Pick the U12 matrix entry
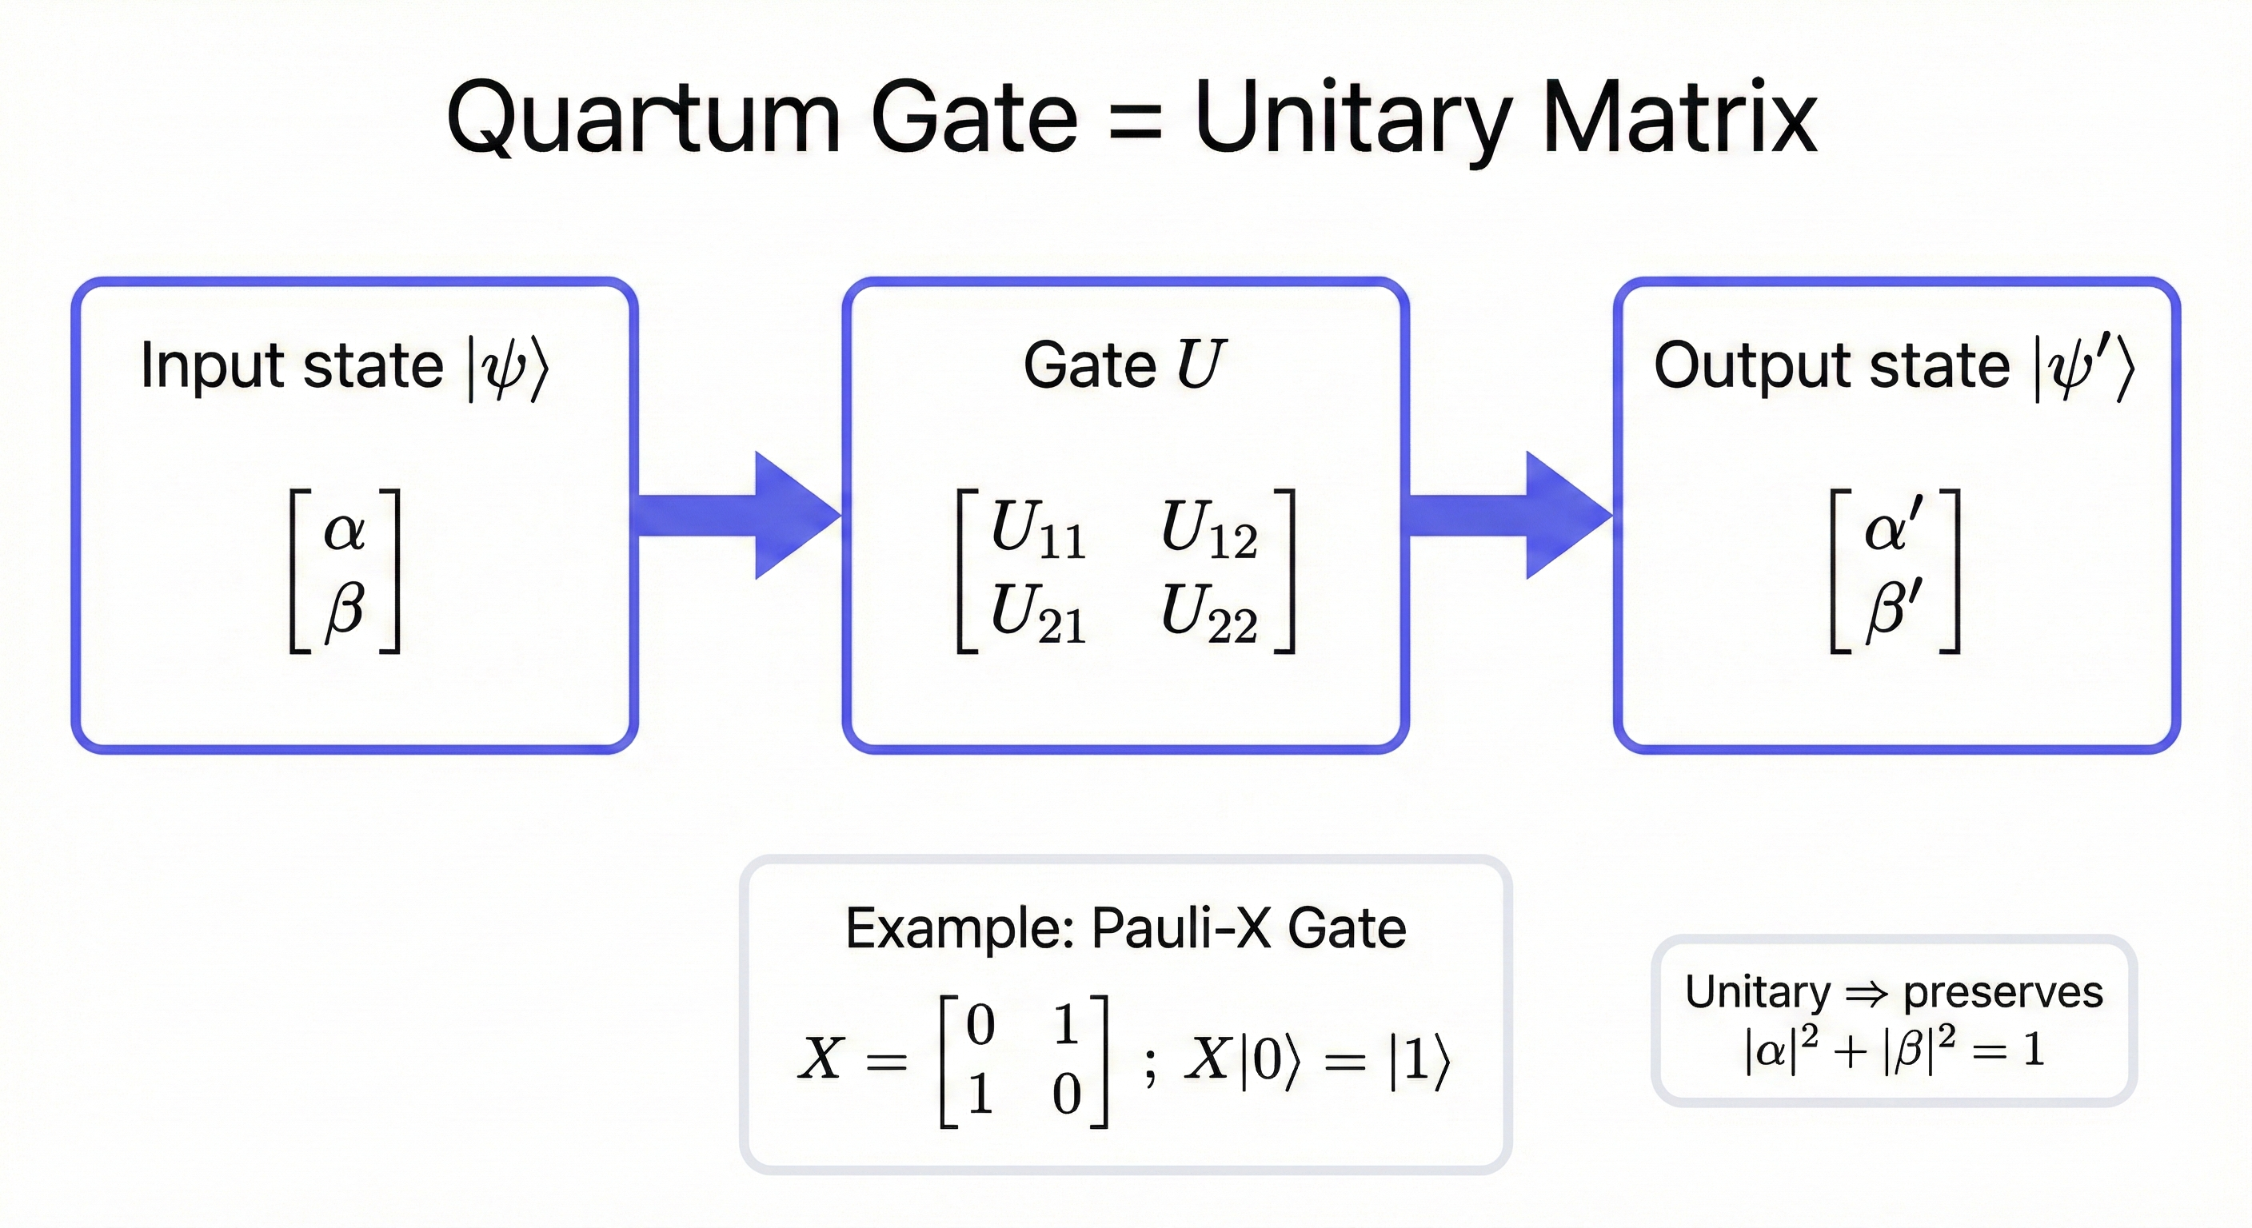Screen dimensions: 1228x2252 [x=1208, y=531]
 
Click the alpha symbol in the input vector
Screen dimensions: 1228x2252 [x=344, y=531]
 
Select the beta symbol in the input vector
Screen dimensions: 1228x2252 [x=344, y=609]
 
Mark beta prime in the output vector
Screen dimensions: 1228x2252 [x=1894, y=609]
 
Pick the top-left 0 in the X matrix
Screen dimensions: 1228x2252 [x=980, y=1024]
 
